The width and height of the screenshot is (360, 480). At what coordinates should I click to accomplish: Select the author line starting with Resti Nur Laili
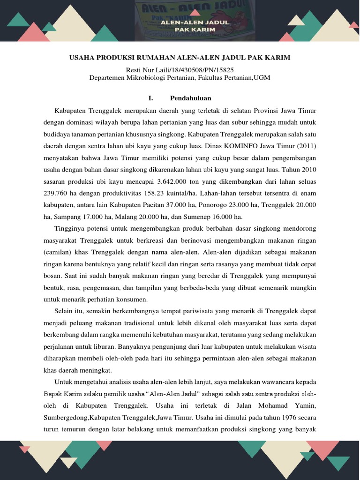pyautogui.click(x=180, y=70)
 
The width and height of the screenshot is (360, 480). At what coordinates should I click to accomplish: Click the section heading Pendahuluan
pyautogui.click(x=190, y=98)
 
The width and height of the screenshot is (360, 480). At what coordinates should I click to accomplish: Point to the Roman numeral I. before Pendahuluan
pyautogui.click(x=150, y=98)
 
